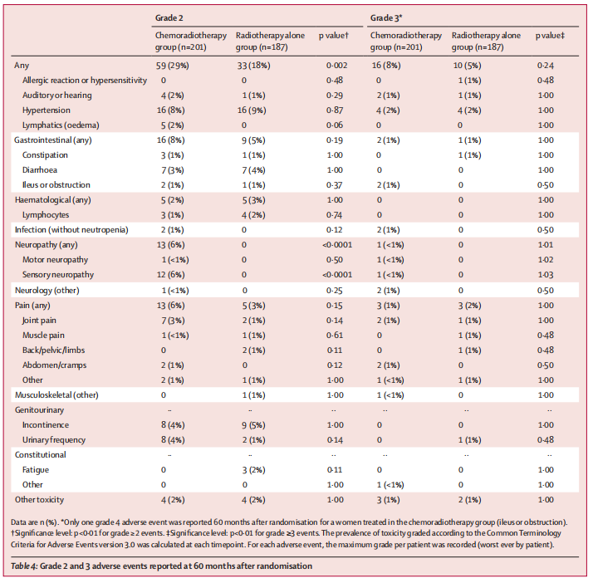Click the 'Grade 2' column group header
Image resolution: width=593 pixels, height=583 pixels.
pos(169,17)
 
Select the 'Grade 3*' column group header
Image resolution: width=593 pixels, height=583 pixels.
pos(385,17)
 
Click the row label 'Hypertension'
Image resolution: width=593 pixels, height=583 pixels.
pos(47,110)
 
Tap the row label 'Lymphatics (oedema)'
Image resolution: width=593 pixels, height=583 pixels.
pos(61,125)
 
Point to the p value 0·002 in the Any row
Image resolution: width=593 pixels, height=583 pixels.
pos(336,66)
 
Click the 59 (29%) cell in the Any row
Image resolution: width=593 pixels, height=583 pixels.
pos(173,66)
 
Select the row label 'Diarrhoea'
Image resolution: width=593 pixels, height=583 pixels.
pos(40,170)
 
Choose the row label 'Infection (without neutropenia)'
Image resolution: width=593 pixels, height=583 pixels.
pos(71,230)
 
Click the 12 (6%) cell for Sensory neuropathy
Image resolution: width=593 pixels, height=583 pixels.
pos(170,275)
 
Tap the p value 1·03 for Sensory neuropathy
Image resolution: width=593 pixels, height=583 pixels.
pos(546,275)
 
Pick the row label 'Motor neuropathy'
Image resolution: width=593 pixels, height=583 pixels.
pos(55,260)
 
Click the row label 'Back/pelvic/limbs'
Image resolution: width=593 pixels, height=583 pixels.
pos(53,350)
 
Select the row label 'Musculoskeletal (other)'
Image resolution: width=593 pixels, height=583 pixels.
pos(56,395)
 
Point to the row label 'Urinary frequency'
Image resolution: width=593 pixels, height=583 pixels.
pos(54,440)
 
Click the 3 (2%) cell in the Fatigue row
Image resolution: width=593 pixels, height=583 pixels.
pos(254,470)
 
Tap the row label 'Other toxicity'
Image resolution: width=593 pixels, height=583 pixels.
pos(39,500)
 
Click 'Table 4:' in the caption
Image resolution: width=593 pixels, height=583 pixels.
pos(24,566)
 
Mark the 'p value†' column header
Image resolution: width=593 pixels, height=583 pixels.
pos(334,36)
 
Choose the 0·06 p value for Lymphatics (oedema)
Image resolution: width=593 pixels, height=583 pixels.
pos(335,125)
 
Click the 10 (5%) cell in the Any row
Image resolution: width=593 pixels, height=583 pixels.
pos(467,66)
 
